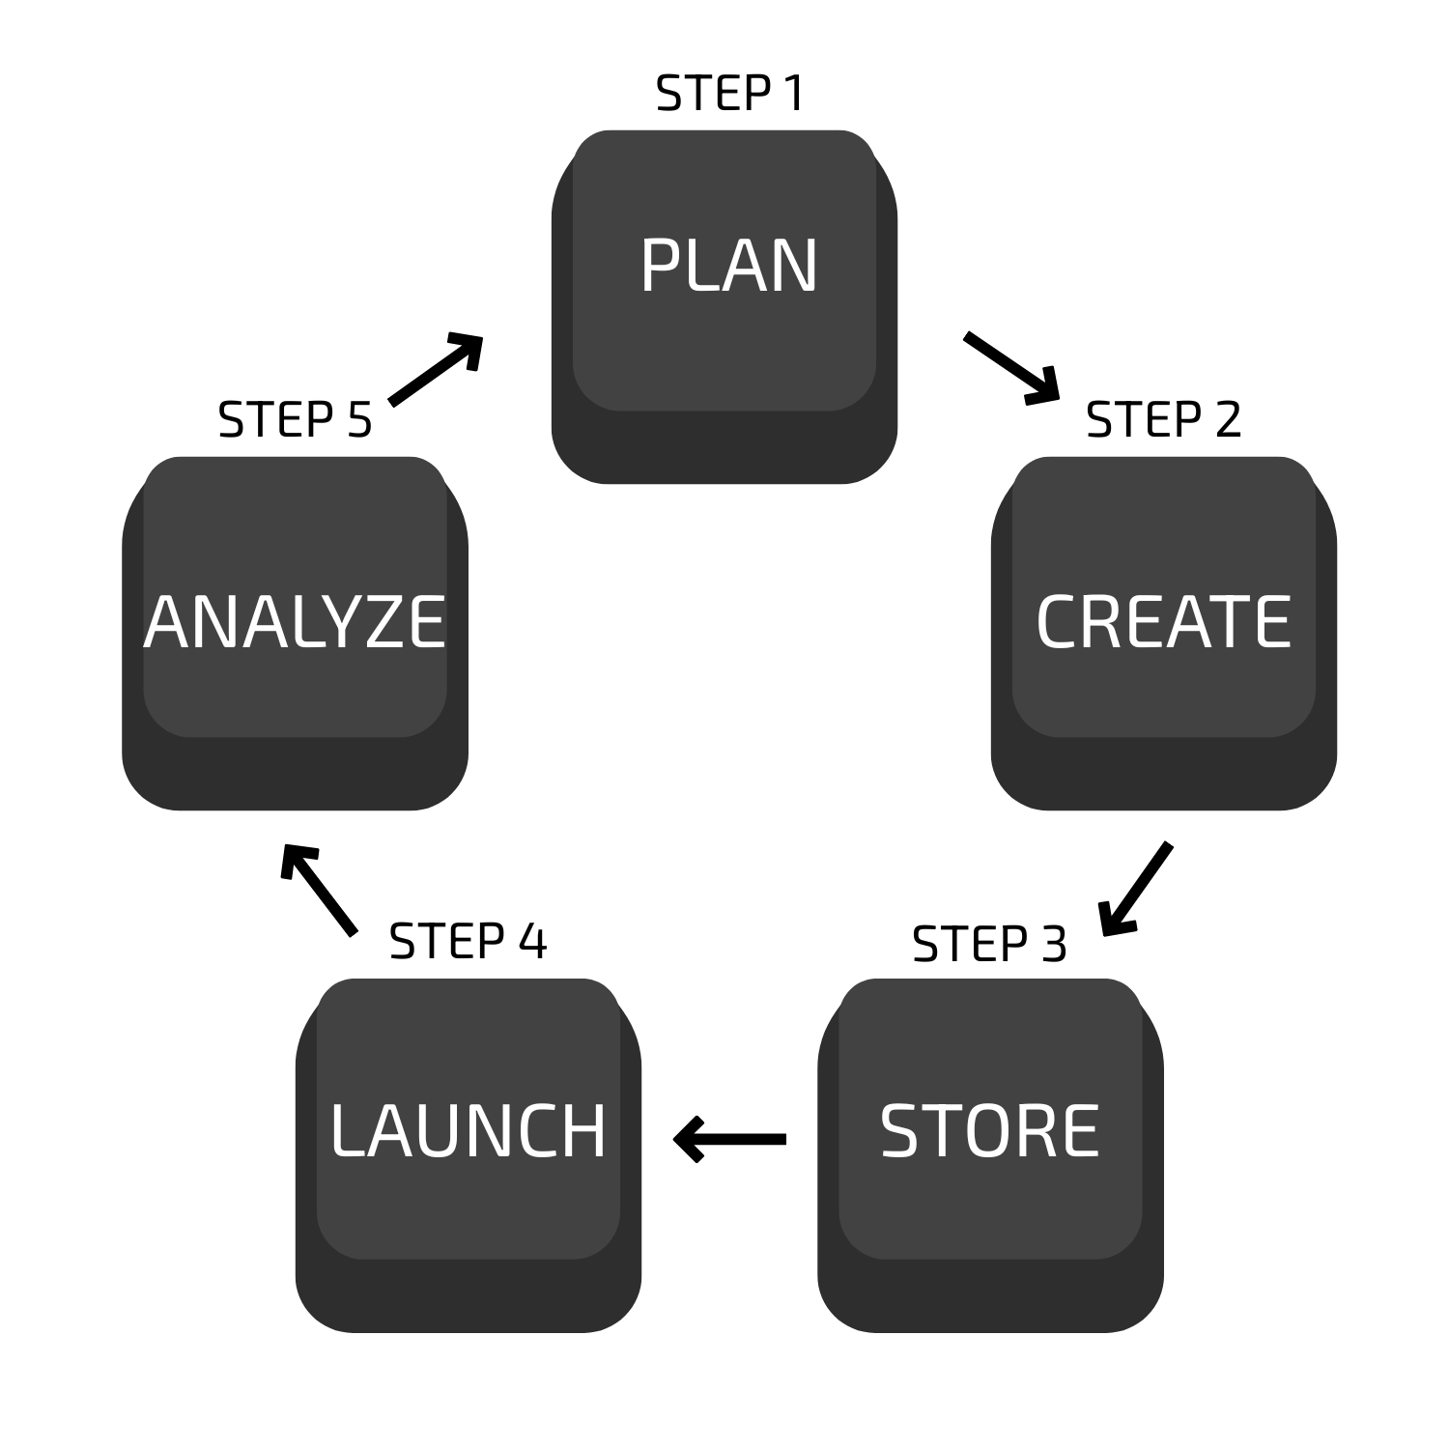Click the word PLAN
pos(728,266)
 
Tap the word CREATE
pos(1163,621)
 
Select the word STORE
pos(989,1130)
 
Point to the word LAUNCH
pos(468,1130)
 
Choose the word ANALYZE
pos(295,621)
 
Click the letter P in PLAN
pos(662,266)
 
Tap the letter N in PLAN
pos(795,266)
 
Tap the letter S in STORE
pos(898,1130)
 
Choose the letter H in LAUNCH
pos(583,1130)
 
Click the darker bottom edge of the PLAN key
pos(724,449)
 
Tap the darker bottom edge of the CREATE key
pos(1164,776)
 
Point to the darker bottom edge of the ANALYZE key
pos(295,776)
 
